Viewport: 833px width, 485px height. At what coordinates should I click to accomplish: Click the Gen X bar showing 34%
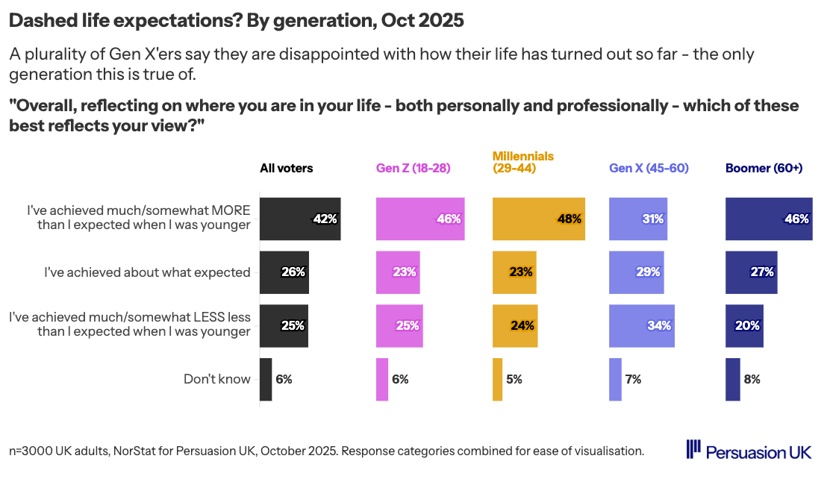(642, 325)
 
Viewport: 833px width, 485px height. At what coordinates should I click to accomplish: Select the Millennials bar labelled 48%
(538, 219)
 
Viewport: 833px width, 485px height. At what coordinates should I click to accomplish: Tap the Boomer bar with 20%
(744, 325)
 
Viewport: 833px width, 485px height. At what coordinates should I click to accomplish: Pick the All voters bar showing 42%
(300, 219)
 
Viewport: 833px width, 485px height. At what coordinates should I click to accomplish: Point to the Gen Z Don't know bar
(382, 379)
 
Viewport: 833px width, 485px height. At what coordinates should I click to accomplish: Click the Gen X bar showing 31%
(638, 219)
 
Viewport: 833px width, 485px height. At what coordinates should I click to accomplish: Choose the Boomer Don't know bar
(733, 379)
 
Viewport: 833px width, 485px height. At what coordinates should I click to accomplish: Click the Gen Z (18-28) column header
(413, 168)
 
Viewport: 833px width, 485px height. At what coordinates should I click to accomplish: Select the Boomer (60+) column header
(764, 168)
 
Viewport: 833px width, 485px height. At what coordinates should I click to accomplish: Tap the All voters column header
(287, 168)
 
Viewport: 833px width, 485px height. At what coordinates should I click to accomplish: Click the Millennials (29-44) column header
(522, 162)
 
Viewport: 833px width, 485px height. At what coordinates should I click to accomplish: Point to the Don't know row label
(216, 379)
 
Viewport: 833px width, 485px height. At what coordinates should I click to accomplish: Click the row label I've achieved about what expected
(147, 272)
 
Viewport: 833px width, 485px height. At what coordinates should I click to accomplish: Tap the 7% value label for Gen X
(633, 379)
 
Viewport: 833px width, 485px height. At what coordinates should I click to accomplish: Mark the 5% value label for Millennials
(514, 379)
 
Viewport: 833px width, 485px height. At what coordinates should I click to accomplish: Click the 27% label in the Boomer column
(762, 272)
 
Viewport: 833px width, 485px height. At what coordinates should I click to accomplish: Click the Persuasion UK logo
(749, 451)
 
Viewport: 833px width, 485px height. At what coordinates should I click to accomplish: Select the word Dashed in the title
(39, 21)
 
